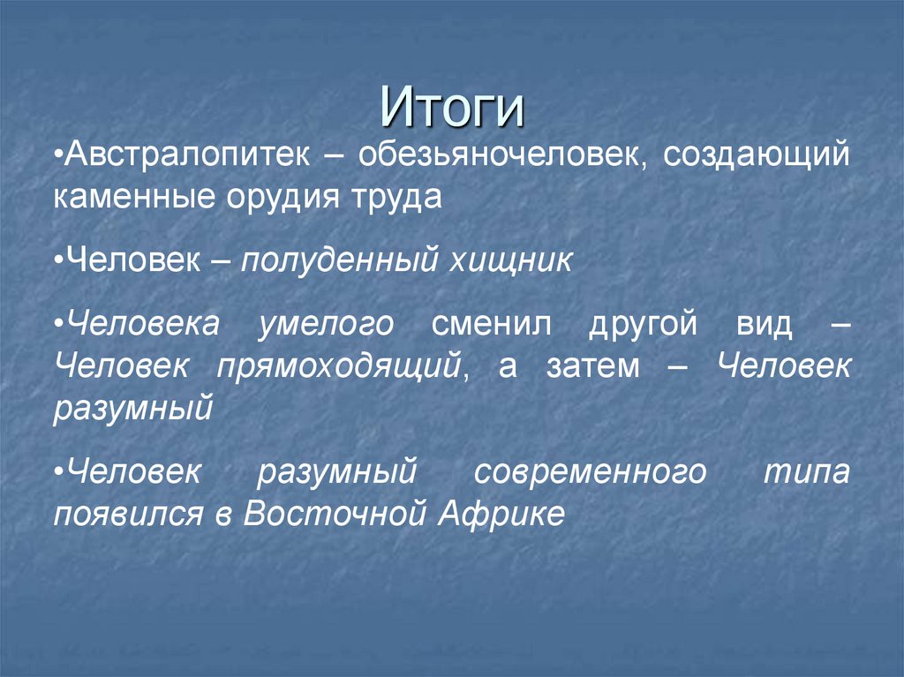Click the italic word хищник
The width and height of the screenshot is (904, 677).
[x=512, y=260]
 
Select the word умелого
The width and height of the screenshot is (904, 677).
[x=326, y=324]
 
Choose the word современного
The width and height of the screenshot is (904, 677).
[x=590, y=472]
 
